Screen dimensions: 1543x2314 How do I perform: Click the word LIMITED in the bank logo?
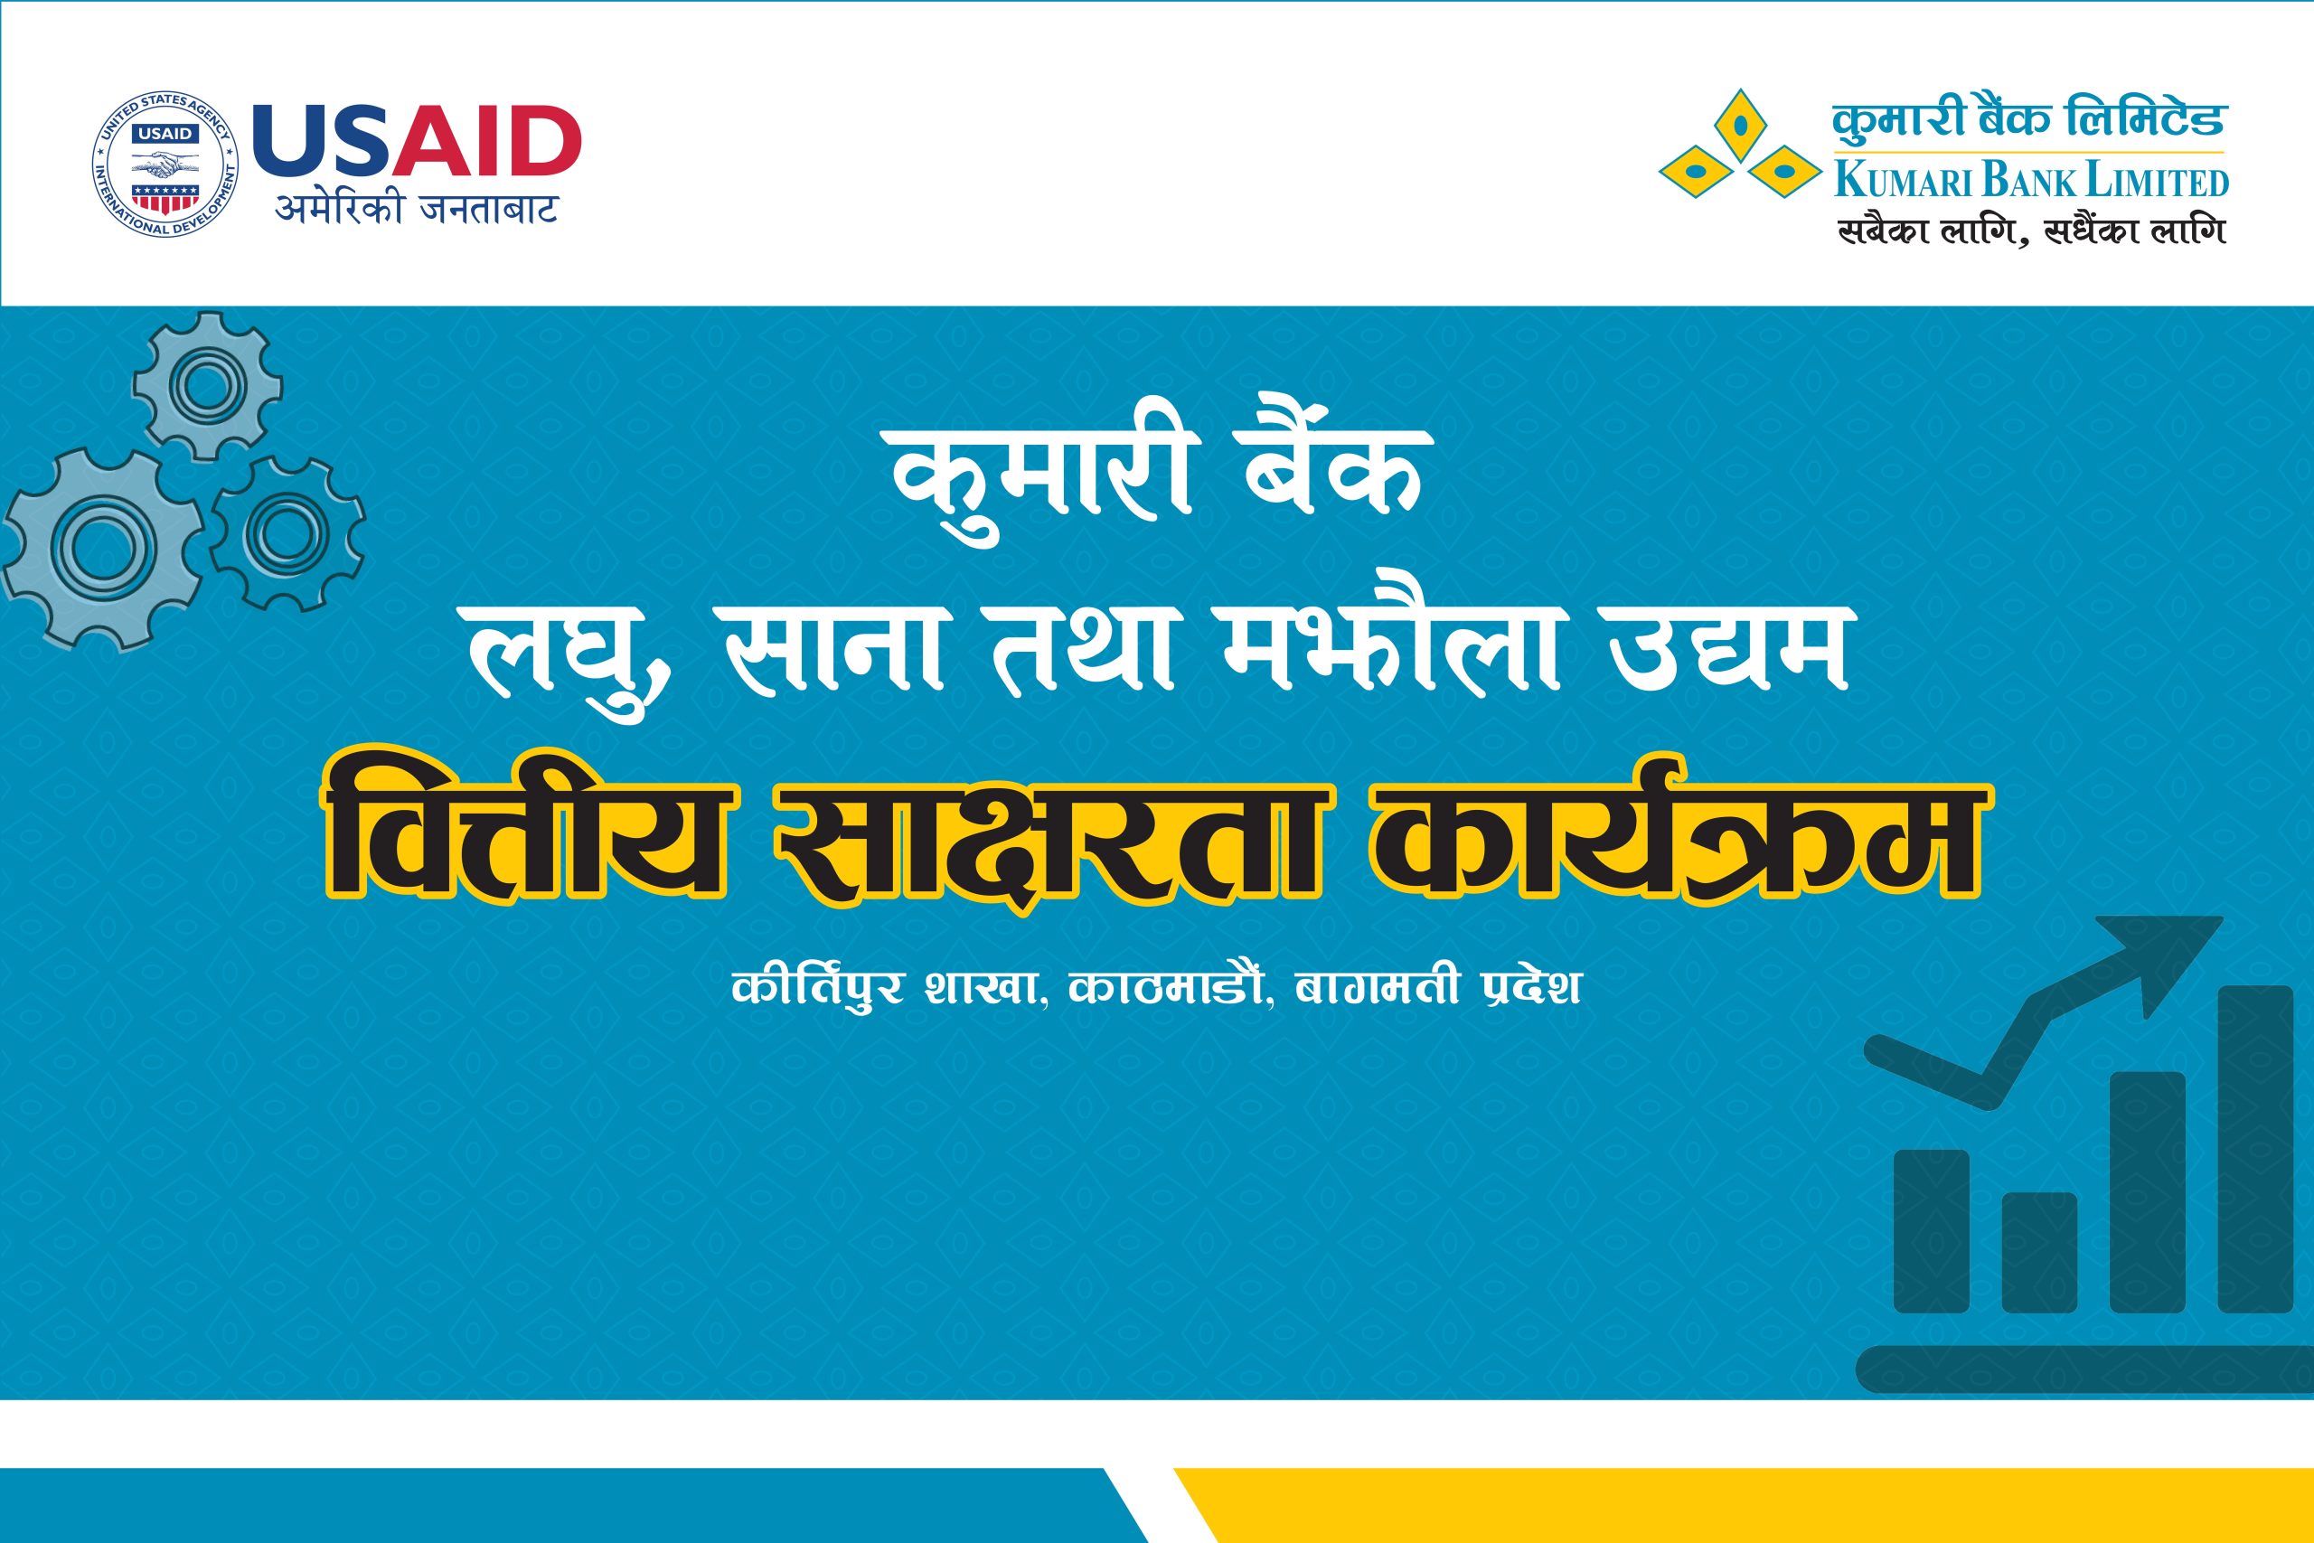click(x=2155, y=183)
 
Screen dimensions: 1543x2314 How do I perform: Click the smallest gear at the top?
click(x=207, y=385)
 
